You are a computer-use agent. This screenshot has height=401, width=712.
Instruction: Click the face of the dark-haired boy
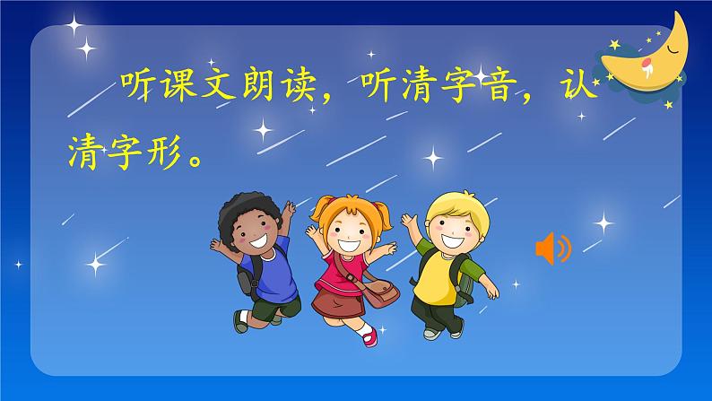pos(253,235)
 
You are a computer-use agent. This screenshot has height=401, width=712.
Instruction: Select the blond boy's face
pos(446,231)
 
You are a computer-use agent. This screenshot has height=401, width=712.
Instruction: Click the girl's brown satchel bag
pos(381,293)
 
